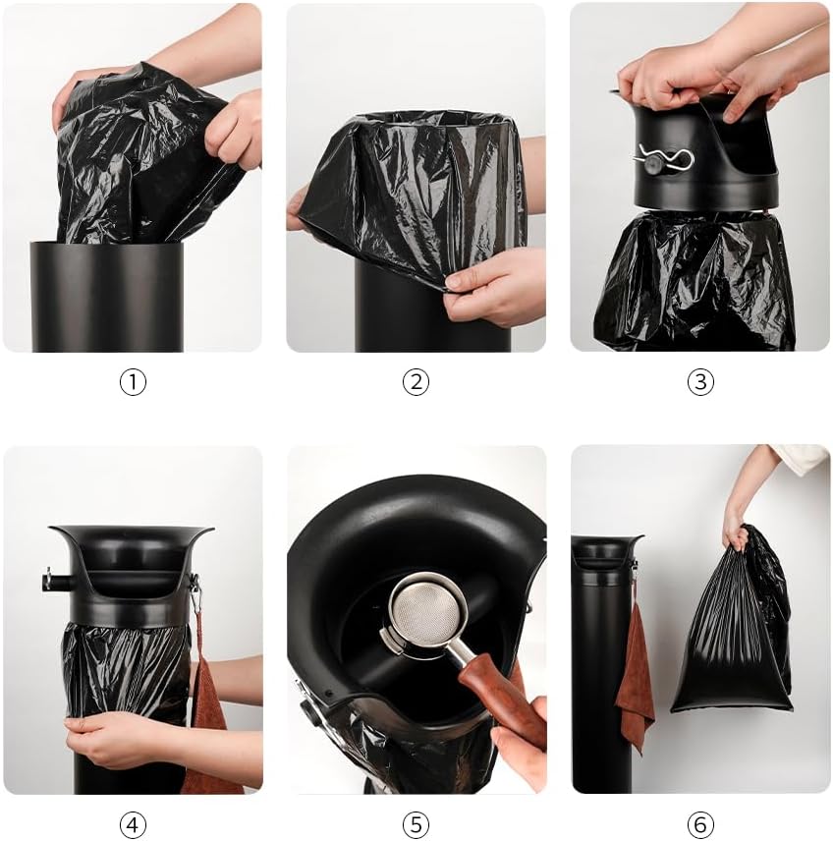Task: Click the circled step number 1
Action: tap(133, 382)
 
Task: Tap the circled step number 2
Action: tap(416, 382)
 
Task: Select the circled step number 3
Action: tap(699, 382)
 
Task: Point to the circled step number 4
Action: tap(133, 823)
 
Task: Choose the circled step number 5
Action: tap(416, 823)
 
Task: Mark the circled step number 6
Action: tap(699, 823)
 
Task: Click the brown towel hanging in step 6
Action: tap(634, 678)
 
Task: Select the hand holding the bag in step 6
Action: tap(737, 526)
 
